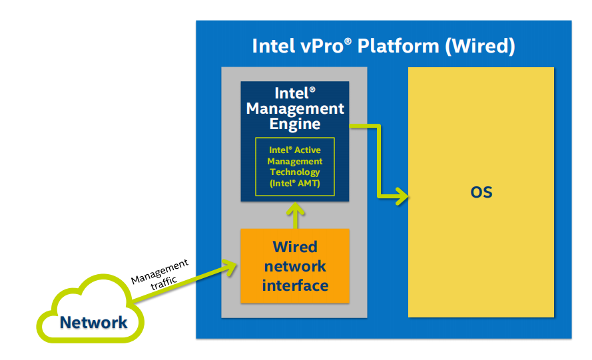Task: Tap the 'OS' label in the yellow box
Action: [481, 193]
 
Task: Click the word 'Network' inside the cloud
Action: [93, 323]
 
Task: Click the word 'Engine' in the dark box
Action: [295, 124]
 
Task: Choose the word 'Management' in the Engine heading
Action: [295, 108]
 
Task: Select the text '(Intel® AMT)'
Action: [295, 183]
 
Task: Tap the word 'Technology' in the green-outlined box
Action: [295, 172]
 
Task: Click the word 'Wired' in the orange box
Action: [295, 247]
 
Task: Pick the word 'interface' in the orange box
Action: [295, 285]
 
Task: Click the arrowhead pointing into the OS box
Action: [402, 196]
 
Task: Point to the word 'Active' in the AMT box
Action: [308, 150]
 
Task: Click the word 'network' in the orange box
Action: [295, 266]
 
